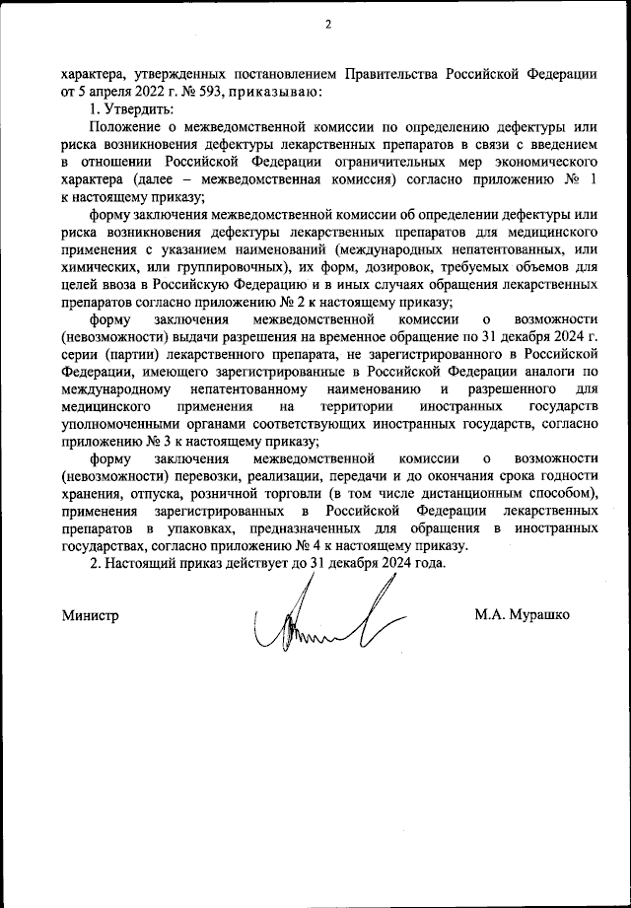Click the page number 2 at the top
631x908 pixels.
click(327, 26)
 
